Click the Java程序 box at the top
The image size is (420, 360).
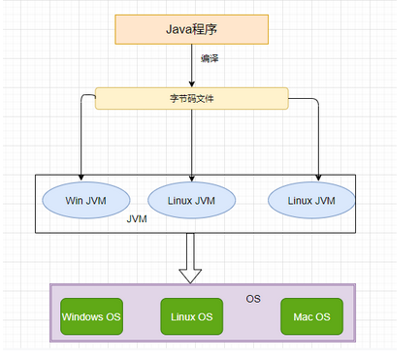tap(191, 29)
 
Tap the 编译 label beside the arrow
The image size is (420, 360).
tap(210, 59)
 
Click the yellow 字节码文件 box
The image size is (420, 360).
tap(191, 98)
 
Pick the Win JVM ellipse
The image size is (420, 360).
tap(85, 201)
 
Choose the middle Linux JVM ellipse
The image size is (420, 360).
tap(193, 201)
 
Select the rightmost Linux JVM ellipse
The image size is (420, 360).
tap(311, 200)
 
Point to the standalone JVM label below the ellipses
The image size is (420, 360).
tap(137, 220)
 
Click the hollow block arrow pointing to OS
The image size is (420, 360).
tap(191, 259)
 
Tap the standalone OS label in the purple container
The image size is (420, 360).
tap(253, 299)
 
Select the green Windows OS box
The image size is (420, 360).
tap(91, 316)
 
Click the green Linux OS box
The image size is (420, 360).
tap(192, 316)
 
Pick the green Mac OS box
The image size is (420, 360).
tap(311, 316)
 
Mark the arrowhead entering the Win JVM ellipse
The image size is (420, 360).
tap(81, 179)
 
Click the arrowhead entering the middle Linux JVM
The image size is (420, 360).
tap(193, 179)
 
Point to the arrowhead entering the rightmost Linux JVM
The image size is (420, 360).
tap(318, 178)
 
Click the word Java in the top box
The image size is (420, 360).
tap(176, 29)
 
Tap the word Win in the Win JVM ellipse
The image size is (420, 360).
tap(74, 201)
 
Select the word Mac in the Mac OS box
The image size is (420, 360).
tap(303, 316)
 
